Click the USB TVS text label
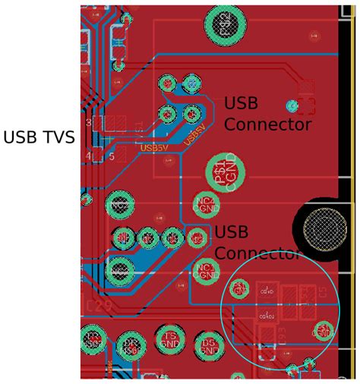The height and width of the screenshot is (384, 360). (x=39, y=137)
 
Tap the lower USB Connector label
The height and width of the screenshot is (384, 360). (x=257, y=243)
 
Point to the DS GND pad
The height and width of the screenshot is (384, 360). (x=210, y=345)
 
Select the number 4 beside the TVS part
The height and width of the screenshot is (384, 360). (x=89, y=156)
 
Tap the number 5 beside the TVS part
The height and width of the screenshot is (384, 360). (x=111, y=156)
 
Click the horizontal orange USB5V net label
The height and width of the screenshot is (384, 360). (x=153, y=148)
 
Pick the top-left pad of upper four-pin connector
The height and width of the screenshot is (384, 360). (x=167, y=83)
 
